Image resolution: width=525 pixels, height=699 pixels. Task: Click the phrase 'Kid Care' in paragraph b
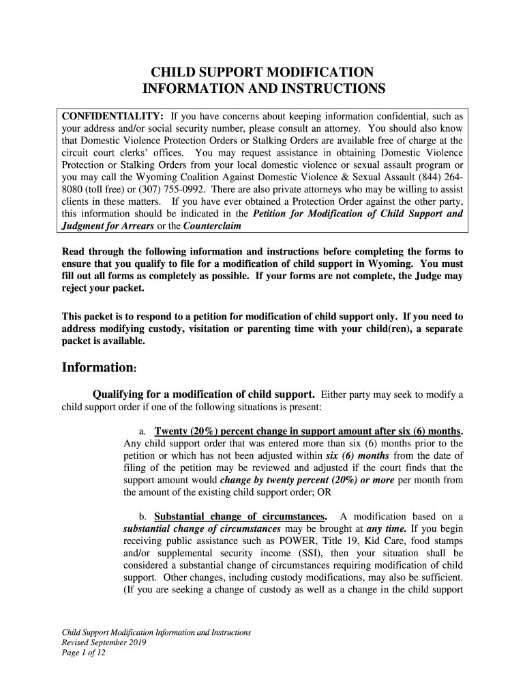pyautogui.click(x=374, y=541)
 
